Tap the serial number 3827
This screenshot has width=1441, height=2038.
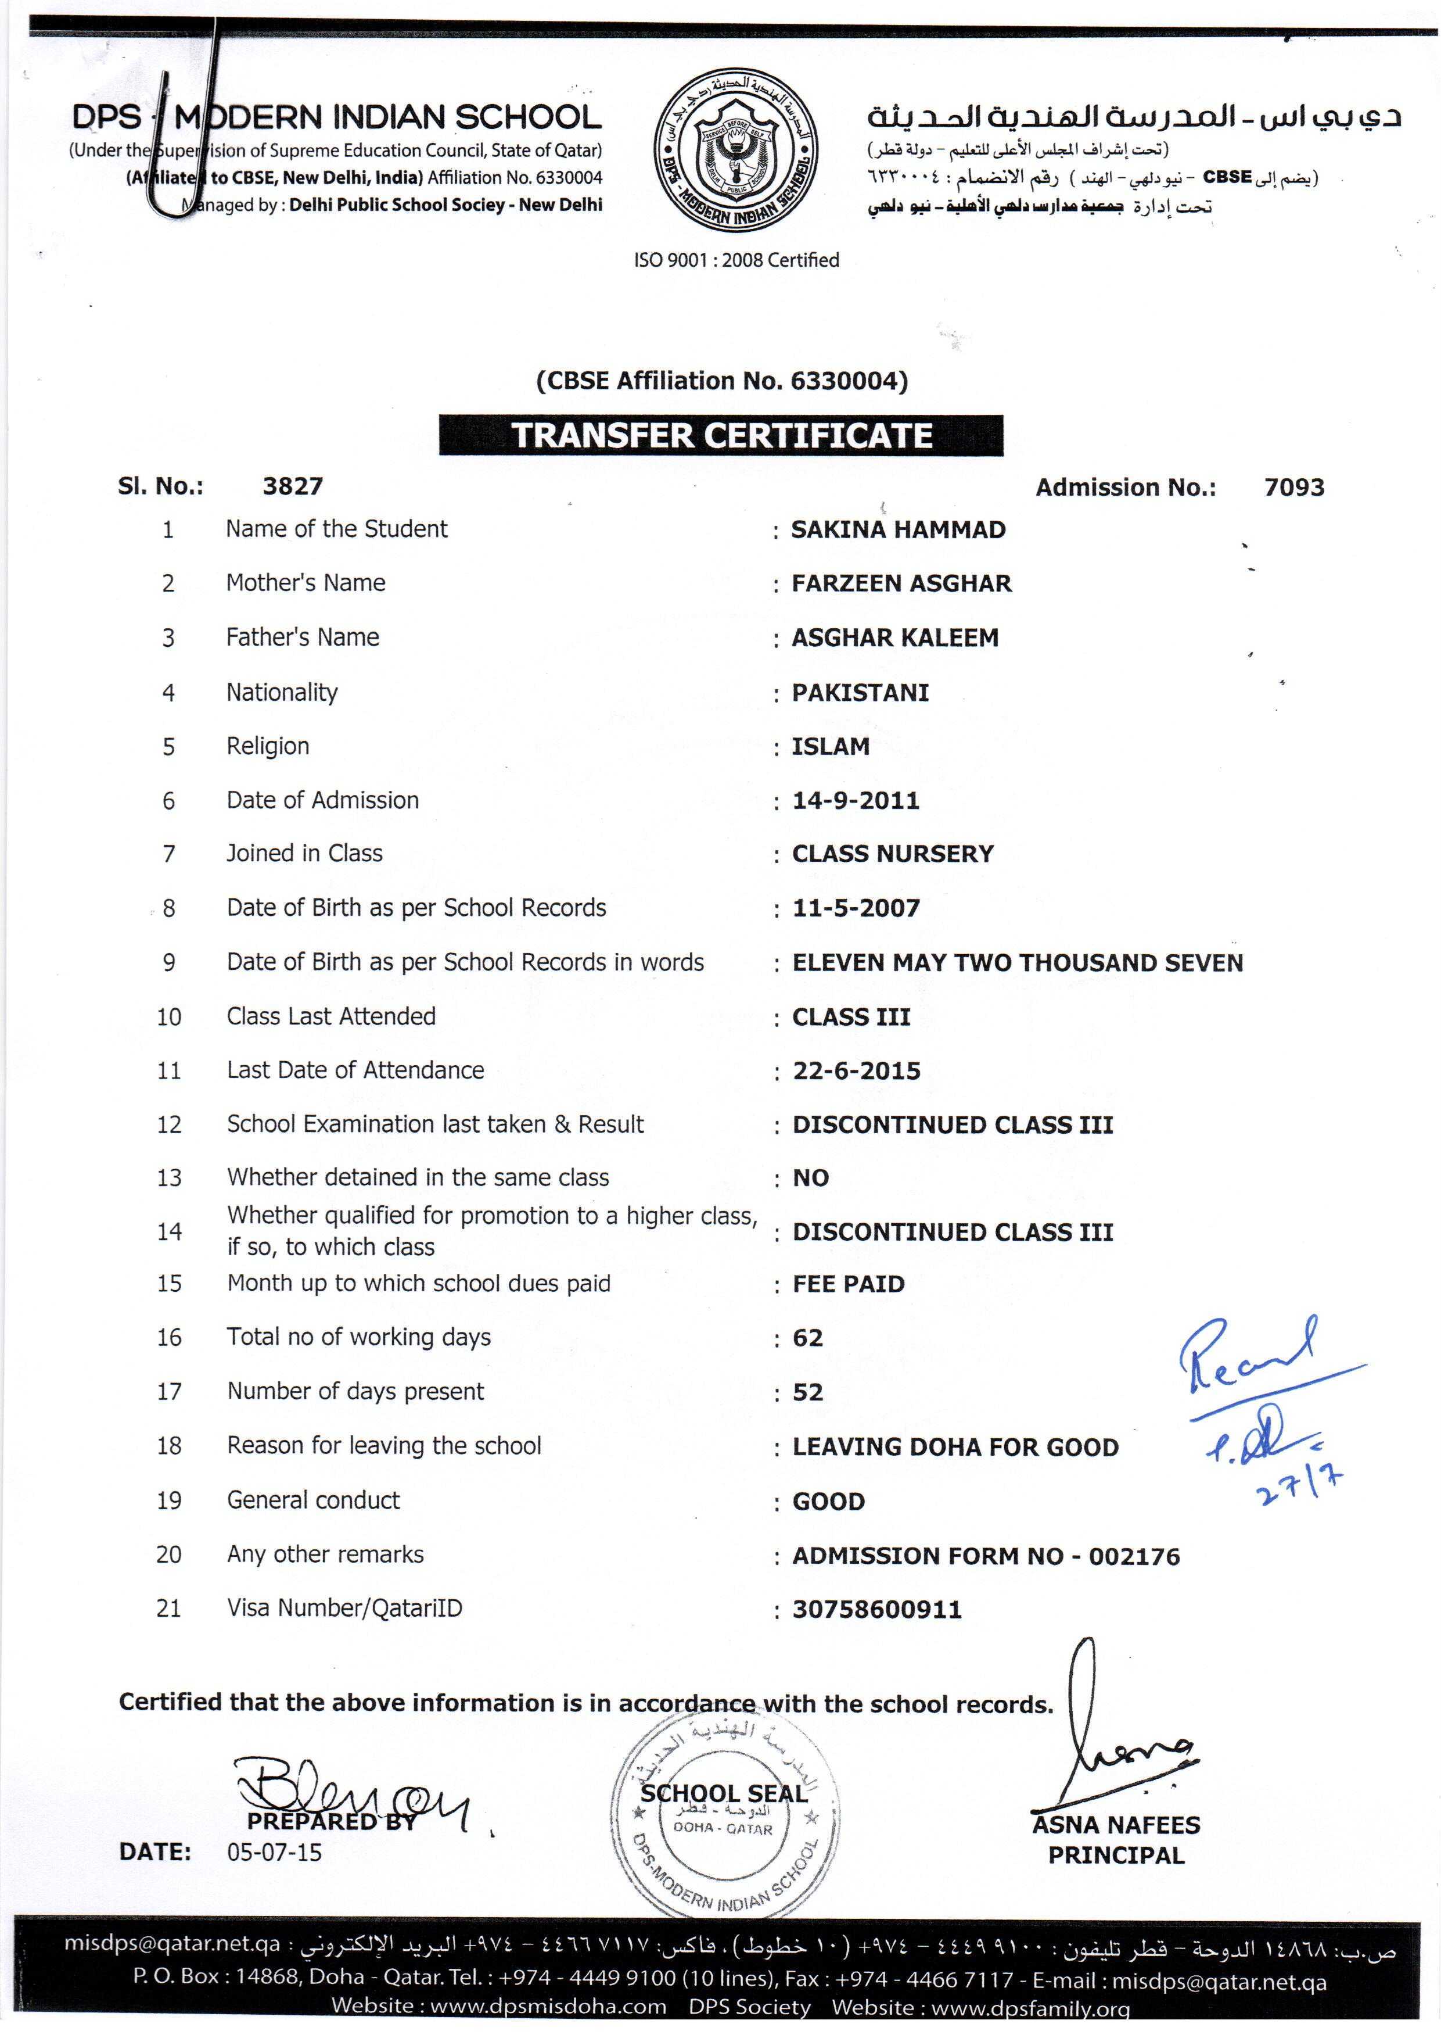pyautogui.click(x=293, y=486)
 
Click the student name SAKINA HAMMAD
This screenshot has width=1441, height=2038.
pyautogui.click(x=898, y=530)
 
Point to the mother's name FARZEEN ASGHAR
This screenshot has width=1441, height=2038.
pyautogui.click(x=901, y=583)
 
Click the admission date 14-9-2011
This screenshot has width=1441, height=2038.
pyautogui.click(x=856, y=801)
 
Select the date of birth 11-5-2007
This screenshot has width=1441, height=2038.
pyautogui.click(x=856, y=908)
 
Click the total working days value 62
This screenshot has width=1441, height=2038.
pyautogui.click(x=807, y=1338)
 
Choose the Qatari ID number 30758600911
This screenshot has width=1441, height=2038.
pyautogui.click(x=876, y=1609)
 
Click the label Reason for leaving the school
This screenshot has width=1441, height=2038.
pyautogui.click(x=383, y=1446)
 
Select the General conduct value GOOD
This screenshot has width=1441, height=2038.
pyautogui.click(x=828, y=1502)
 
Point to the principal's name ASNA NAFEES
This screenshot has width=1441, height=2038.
pyautogui.click(x=1115, y=1825)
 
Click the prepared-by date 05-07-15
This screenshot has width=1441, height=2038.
pyautogui.click(x=274, y=1853)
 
